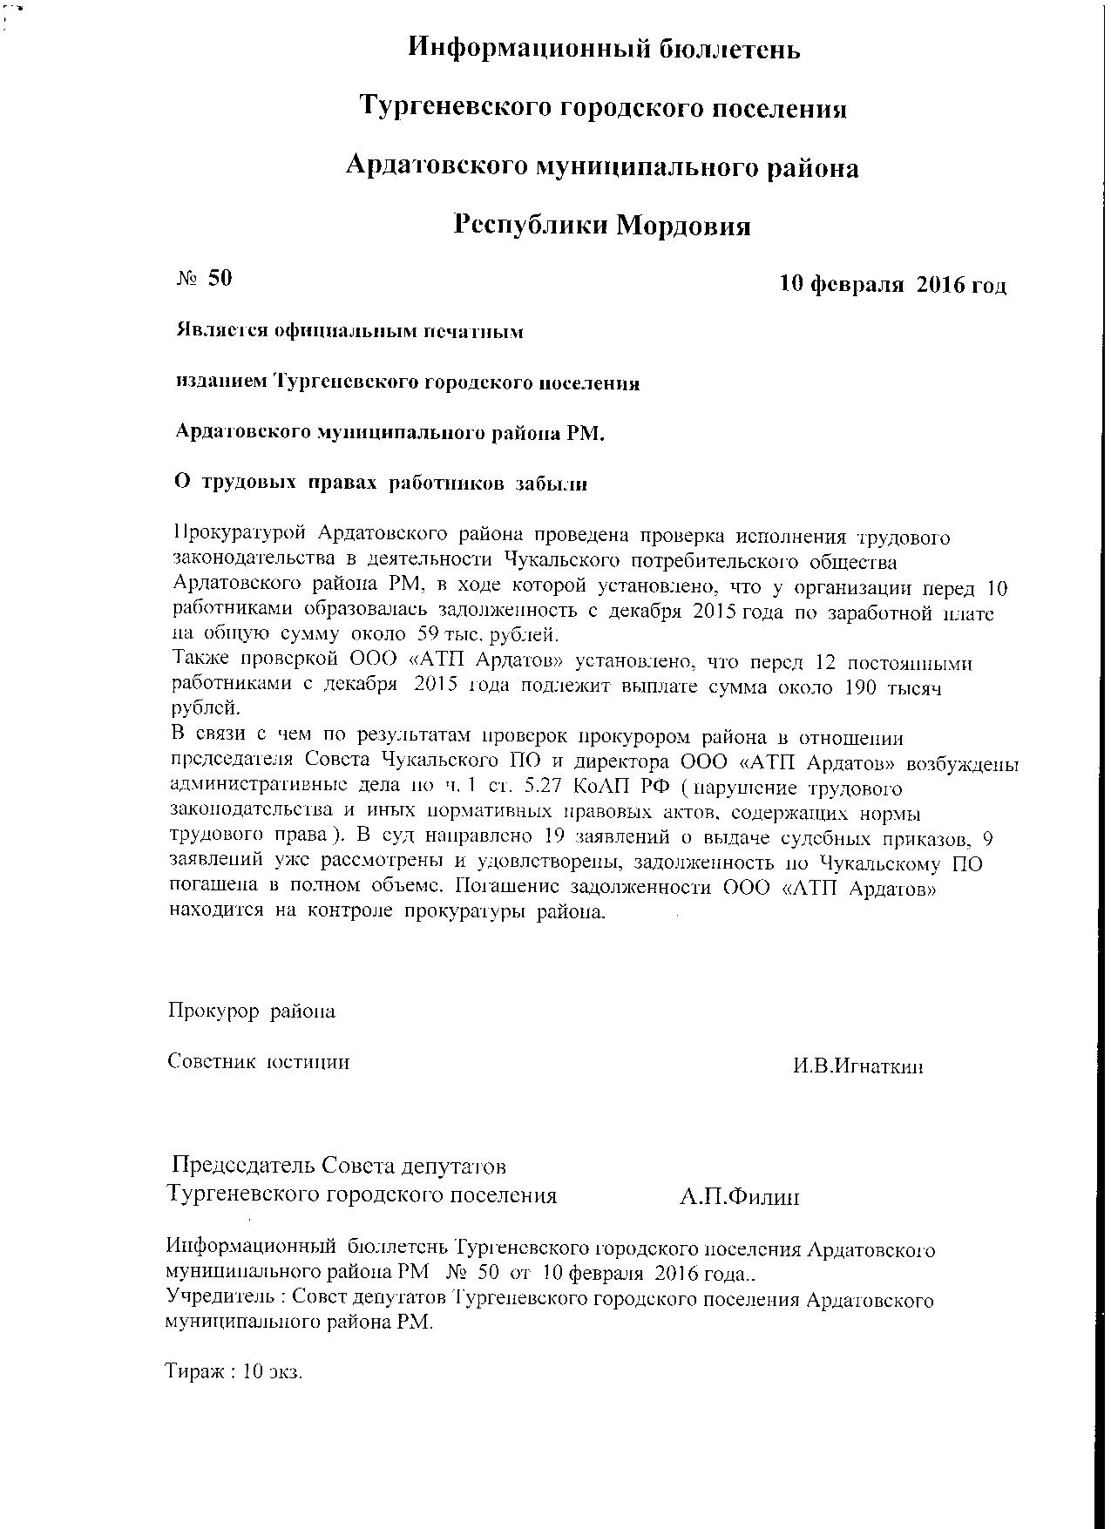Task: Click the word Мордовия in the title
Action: [684, 226]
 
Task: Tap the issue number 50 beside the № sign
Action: [220, 278]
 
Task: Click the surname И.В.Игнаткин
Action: [857, 1066]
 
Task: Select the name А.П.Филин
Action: [739, 1197]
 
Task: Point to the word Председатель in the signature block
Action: [243, 1165]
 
